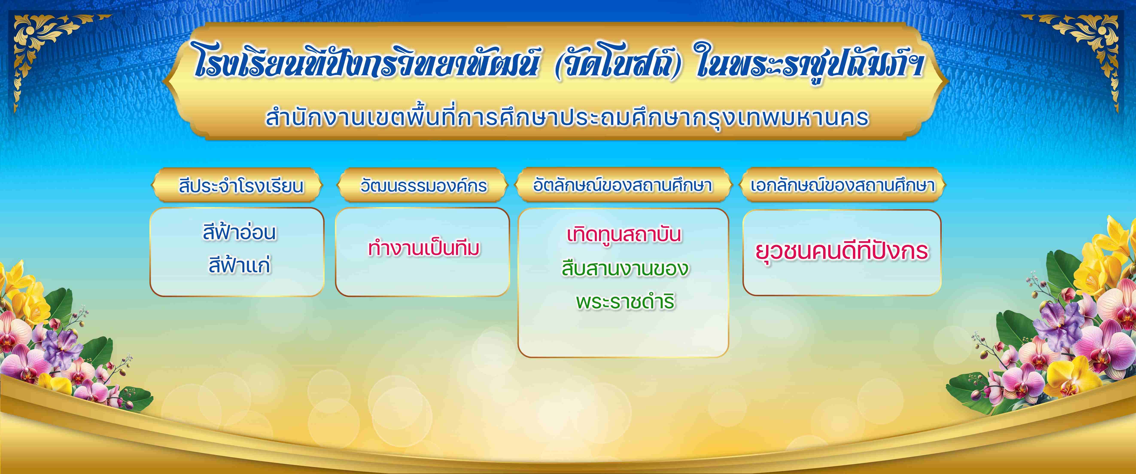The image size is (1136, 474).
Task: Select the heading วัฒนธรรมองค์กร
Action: [x=423, y=186]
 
